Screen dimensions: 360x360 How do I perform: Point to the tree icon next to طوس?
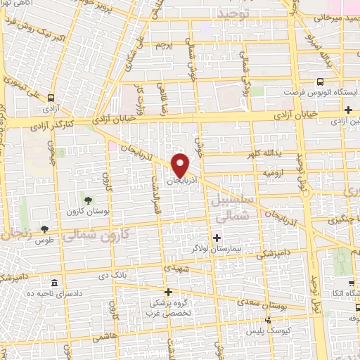pos(45,229)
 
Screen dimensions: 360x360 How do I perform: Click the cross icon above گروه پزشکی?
pos(167,292)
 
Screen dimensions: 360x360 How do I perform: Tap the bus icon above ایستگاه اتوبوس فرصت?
pos(320,82)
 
